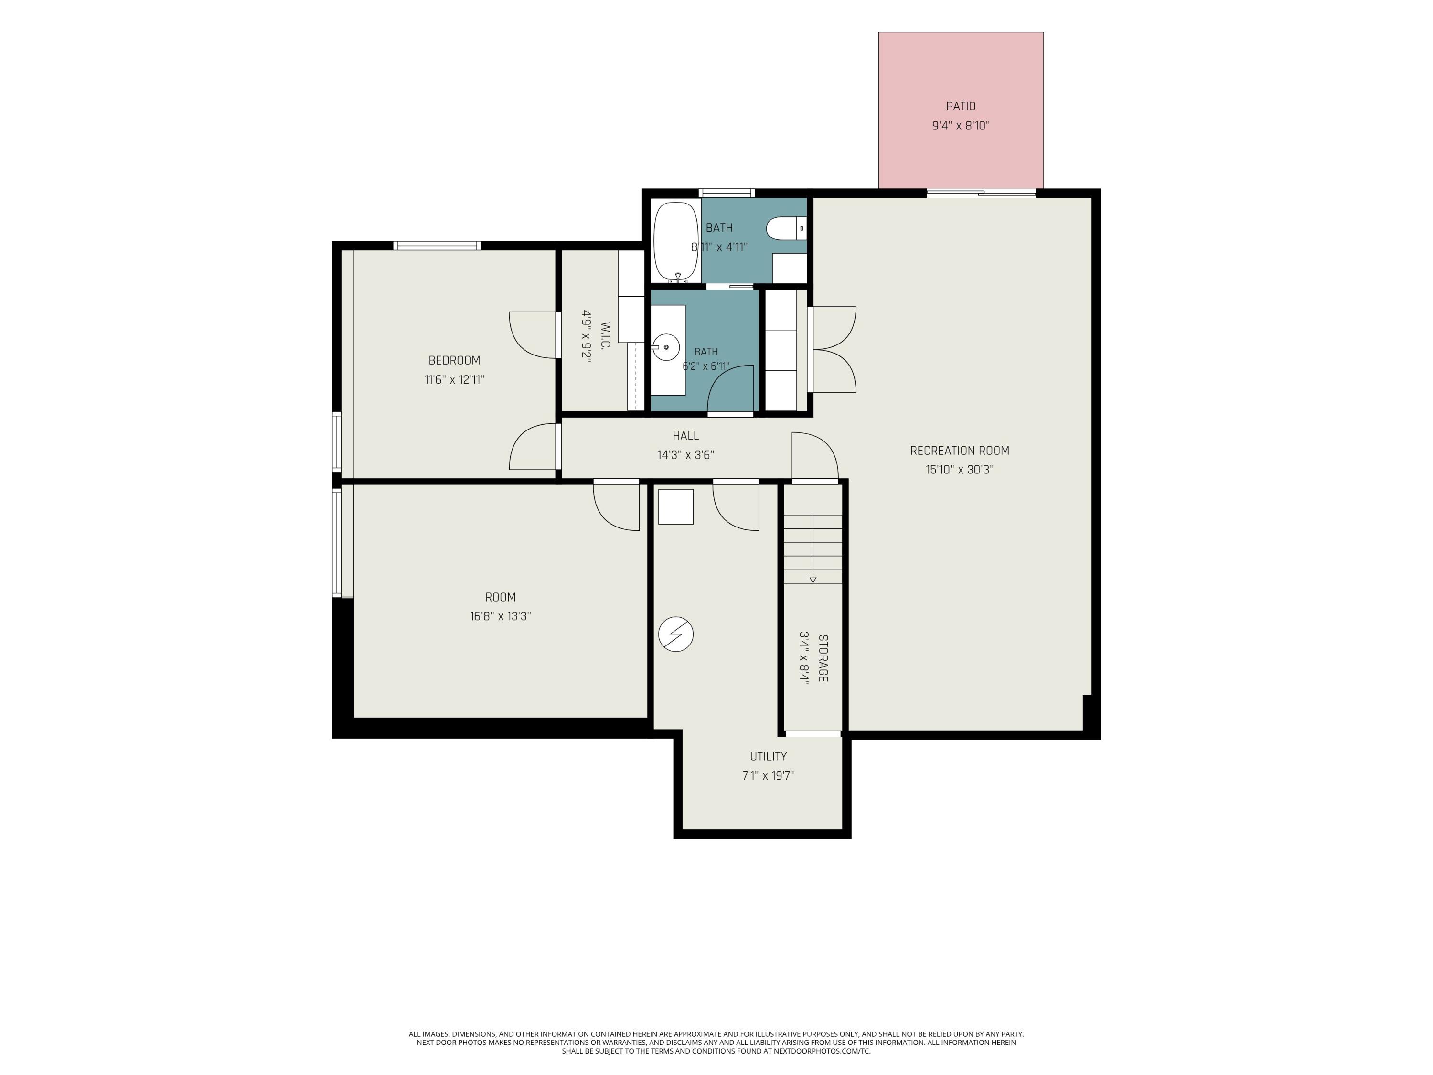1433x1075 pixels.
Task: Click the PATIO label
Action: [x=961, y=106]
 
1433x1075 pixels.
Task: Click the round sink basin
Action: [x=666, y=347]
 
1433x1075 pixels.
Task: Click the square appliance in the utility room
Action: [x=676, y=507]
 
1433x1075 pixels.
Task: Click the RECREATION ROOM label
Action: [x=960, y=451]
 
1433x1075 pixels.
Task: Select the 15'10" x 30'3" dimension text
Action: [x=960, y=470]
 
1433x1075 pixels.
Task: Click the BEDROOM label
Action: [x=454, y=360]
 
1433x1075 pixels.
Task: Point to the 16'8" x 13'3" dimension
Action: [x=500, y=616]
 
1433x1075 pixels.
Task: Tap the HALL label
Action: [x=685, y=435]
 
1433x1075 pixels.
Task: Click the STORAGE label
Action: [x=823, y=658]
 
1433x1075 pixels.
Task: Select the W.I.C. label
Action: [x=606, y=336]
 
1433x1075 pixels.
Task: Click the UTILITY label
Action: [x=768, y=756]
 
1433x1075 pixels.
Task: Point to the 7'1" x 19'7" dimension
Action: [x=768, y=775]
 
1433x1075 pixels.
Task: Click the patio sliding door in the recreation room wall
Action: [x=981, y=193]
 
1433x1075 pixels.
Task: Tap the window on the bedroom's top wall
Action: [x=437, y=246]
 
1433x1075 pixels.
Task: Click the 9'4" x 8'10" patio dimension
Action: [x=961, y=126]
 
